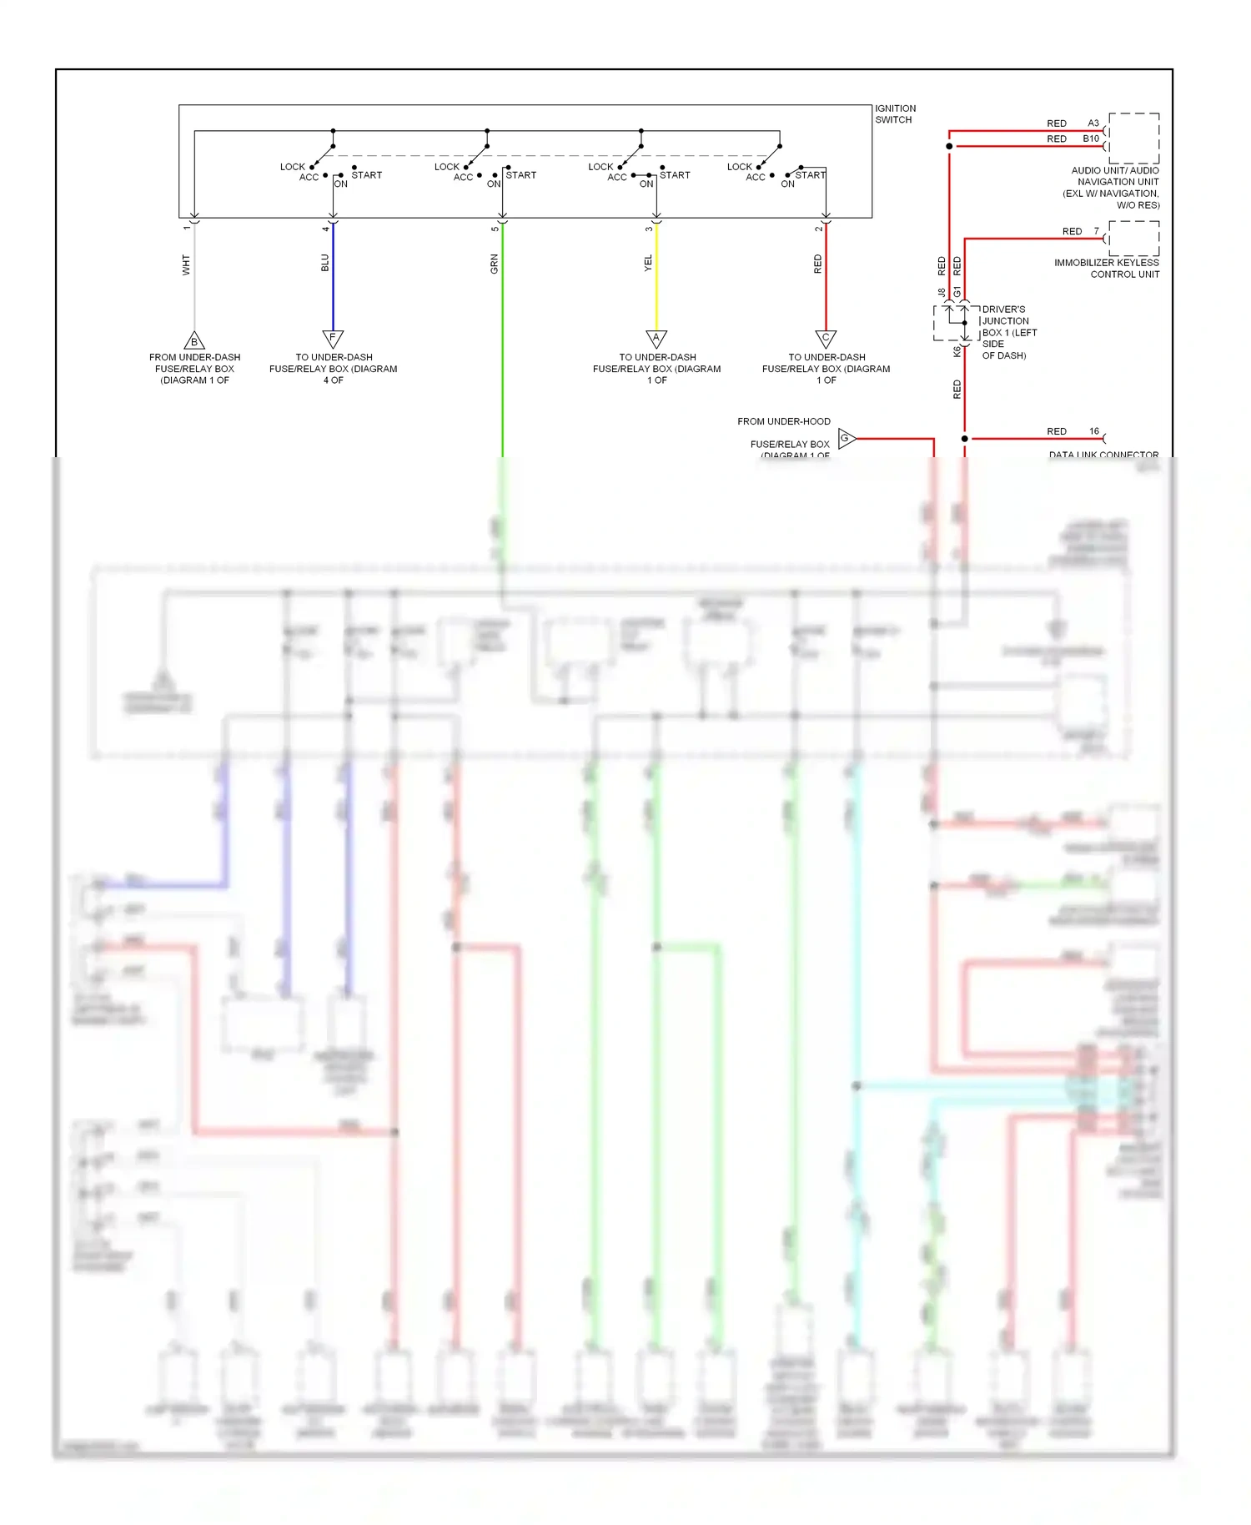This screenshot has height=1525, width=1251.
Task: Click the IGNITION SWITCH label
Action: point(895,114)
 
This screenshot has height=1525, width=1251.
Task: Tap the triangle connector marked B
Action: point(194,340)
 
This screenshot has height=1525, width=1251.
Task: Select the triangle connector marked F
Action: point(333,339)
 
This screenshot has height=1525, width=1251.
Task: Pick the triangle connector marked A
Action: point(656,339)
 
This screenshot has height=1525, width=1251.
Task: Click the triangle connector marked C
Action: point(826,339)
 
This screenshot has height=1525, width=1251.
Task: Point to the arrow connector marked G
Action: point(846,438)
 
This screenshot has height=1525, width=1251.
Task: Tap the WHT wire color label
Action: point(186,265)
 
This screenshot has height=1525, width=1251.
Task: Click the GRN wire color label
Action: point(494,264)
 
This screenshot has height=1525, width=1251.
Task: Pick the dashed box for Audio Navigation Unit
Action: point(1133,138)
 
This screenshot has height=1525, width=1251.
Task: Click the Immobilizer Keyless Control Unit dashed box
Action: point(1133,239)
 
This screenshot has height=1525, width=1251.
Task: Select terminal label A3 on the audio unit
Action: point(1093,123)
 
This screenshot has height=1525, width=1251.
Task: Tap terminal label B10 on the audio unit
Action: point(1090,138)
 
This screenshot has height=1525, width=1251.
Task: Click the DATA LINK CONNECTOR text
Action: point(1103,455)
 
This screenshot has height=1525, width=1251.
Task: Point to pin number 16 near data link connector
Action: point(1093,431)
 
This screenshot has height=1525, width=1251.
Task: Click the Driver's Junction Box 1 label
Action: point(1008,332)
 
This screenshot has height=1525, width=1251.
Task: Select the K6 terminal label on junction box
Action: point(957,352)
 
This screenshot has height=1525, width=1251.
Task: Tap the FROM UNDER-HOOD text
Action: point(783,421)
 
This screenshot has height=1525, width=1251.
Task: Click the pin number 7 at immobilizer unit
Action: point(1096,231)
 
